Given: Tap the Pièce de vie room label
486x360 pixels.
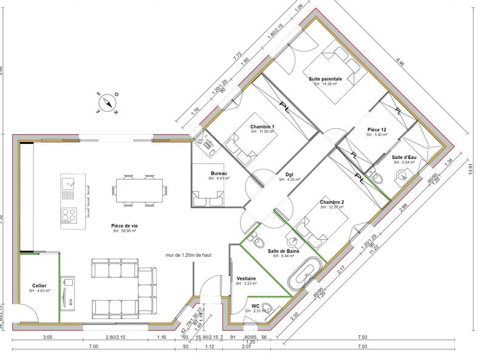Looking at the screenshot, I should point(123,225).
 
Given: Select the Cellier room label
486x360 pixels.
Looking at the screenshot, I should point(39,285).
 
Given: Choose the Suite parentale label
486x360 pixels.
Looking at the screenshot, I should point(325,79).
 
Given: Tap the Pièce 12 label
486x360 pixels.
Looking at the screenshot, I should point(377,130).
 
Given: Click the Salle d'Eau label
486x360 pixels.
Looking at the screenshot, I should point(404,157).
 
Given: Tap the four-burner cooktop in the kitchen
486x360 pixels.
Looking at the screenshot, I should point(68,216).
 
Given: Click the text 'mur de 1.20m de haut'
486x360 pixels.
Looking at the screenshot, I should point(193,255).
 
